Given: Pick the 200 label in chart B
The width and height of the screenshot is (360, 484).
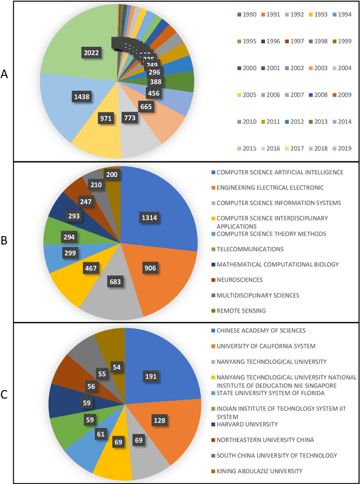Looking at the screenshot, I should [x=111, y=175].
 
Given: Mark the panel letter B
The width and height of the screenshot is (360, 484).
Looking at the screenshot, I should [x=5, y=241].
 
